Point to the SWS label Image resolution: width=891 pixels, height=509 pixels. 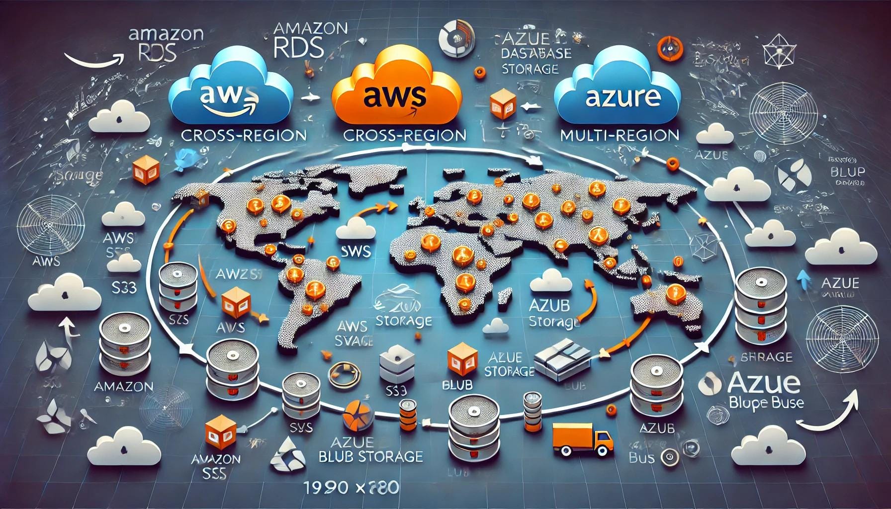(x=356, y=251)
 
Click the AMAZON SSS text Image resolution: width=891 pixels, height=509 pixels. (x=216, y=465)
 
